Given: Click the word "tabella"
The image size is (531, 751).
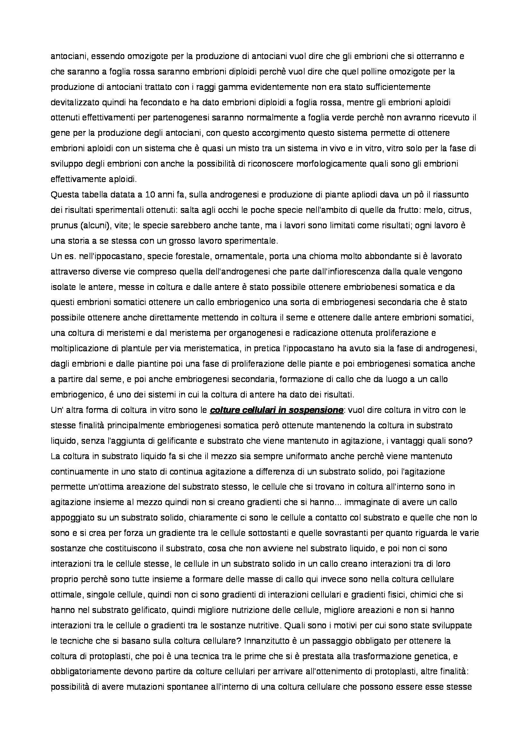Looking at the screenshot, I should tap(93, 195).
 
